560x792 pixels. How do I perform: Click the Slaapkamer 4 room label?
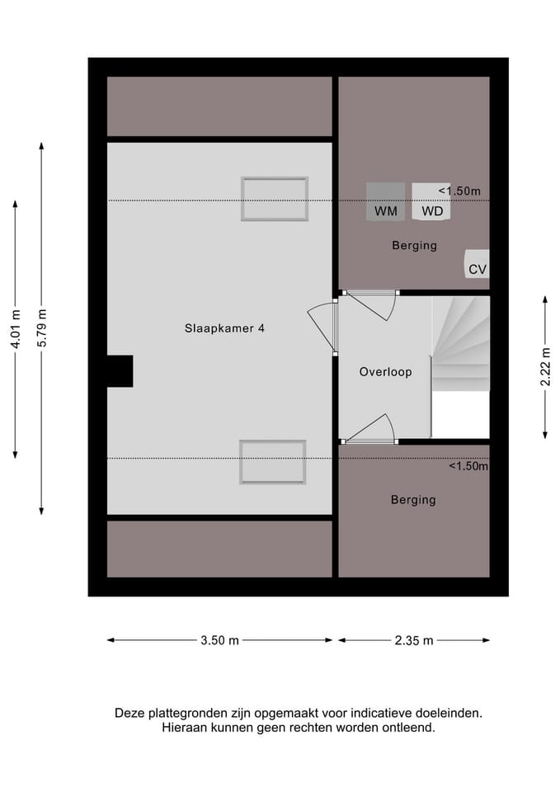tap(224, 328)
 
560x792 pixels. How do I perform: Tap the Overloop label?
tap(385, 372)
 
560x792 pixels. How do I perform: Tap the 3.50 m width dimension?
tap(220, 640)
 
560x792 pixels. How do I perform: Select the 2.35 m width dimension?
tap(414, 640)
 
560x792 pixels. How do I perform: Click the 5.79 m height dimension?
tap(42, 328)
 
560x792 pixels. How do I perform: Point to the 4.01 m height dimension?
tap(16, 328)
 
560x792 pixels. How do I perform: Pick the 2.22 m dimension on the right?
tap(545, 367)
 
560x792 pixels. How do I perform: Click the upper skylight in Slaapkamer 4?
tap(275, 199)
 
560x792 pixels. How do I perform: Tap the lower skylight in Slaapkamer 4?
tap(273, 462)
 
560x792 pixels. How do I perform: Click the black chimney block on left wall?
tap(120, 371)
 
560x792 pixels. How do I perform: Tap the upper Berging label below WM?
tap(414, 246)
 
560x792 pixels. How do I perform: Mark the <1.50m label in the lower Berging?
tap(468, 466)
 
